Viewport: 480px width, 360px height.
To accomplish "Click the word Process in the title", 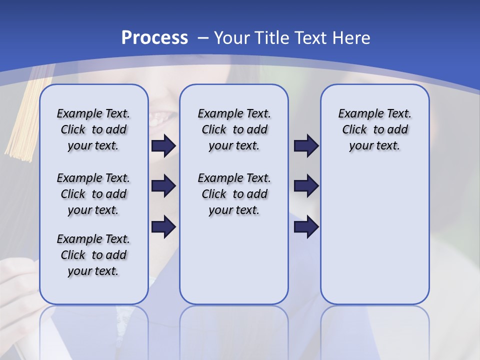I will click(x=154, y=38).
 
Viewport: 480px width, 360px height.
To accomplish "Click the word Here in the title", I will click(x=350, y=38).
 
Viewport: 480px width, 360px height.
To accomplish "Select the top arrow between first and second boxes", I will click(x=163, y=145).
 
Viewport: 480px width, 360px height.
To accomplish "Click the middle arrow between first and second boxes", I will click(x=163, y=186).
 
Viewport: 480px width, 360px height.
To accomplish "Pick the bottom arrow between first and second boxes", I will click(x=163, y=226).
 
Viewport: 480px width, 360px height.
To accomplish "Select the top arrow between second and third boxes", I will click(x=306, y=145).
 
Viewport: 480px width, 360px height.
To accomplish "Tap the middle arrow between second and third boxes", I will click(x=306, y=186).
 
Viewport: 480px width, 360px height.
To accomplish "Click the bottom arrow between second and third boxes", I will click(x=306, y=226).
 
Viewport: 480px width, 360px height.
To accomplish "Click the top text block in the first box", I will click(x=93, y=129).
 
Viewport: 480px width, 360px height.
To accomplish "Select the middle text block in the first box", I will click(x=93, y=194).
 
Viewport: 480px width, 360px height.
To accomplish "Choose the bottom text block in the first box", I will click(x=93, y=255).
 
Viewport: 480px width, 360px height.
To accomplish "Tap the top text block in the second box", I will click(x=234, y=129).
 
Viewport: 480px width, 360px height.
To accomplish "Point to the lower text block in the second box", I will click(x=234, y=194).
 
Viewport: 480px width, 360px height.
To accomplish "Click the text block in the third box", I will click(x=374, y=129).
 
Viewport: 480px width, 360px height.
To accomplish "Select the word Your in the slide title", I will click(x=232, y=38).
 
